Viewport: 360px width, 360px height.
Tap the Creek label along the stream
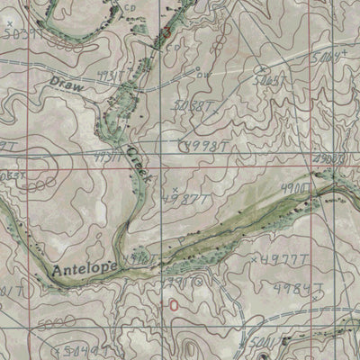tap(136, 165)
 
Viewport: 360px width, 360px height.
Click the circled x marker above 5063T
tap(261, 68)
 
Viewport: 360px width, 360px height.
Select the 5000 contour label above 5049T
tap(59, 321)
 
